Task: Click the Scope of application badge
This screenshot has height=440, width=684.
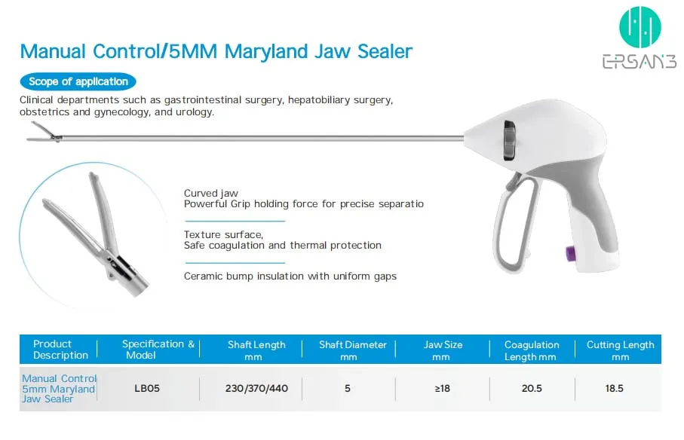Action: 78,81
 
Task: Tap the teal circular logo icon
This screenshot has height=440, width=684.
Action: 640,27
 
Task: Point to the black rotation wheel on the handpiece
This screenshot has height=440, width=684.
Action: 510,140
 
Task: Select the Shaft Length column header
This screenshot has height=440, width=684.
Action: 256,350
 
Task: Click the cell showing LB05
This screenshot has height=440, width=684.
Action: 147,388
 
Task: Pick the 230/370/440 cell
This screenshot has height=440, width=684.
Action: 256,388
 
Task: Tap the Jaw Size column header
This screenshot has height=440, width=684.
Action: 443,350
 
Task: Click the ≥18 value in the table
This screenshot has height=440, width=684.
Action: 443,388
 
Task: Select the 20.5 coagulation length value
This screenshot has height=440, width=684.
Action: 532,388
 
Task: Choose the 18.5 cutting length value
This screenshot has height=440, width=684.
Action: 614,388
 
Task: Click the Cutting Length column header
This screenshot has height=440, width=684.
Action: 621,350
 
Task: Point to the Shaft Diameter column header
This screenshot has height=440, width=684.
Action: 352,350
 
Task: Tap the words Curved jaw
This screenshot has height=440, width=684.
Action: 210,193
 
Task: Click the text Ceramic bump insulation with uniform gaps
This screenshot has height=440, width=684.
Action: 290,277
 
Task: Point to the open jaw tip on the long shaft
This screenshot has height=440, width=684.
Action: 44,133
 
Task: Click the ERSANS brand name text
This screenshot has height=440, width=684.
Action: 640,62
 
